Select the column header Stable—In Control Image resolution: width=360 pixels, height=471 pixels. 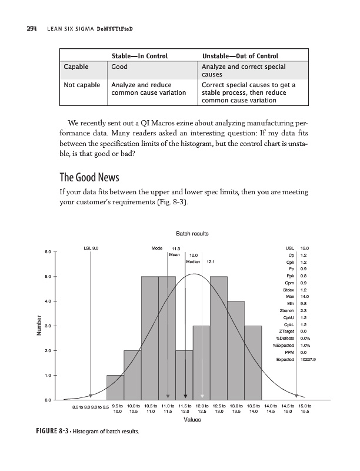click(139, 56)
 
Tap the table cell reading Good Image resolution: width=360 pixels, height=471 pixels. click(120, 67)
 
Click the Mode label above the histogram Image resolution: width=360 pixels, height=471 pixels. click(156, 248)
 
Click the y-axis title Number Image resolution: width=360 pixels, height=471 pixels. click(39, 327)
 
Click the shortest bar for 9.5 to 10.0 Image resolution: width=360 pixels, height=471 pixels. click(115, 387)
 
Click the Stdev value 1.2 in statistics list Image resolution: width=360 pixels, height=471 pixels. click(304, 289)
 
